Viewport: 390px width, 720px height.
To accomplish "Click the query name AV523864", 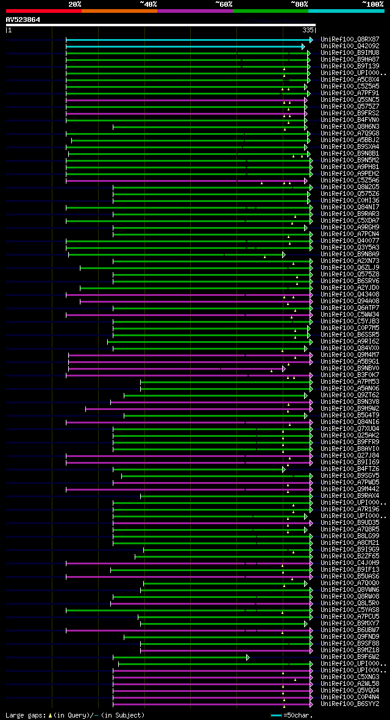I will (x=23, y=20).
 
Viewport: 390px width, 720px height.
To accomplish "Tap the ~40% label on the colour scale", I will (x=148, y=4).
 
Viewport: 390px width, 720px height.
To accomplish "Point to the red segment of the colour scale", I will (x=43, y=10).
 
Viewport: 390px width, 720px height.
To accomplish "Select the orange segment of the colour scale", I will (x=119, y=10).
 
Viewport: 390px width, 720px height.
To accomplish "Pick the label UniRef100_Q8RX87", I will (x=350, y=39).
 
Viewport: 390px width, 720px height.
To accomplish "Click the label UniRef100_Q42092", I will (x=350, y=46).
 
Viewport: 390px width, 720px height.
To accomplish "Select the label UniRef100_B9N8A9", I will (x=350, y=254).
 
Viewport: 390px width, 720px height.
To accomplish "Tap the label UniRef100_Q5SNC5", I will (x=350, y=99).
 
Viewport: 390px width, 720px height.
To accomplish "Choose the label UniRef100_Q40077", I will (x=350, y=240).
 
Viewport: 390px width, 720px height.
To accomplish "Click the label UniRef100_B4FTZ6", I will (x=350, y=469).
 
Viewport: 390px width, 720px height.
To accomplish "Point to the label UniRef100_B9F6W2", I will (x=350, y=657).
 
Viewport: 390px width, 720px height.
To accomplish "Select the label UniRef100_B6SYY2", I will (x=350, y=704).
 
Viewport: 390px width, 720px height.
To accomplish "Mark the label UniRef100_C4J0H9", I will (x=350, y=563).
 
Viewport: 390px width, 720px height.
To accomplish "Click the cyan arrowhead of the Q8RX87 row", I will (x=311, y=40).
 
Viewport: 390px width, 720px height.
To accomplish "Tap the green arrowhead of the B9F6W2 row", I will (x=248, y=657).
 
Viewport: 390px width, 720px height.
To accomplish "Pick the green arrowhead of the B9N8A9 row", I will (x=284, y=254).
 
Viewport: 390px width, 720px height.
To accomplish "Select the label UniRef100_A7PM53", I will (x=350, y=381).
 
